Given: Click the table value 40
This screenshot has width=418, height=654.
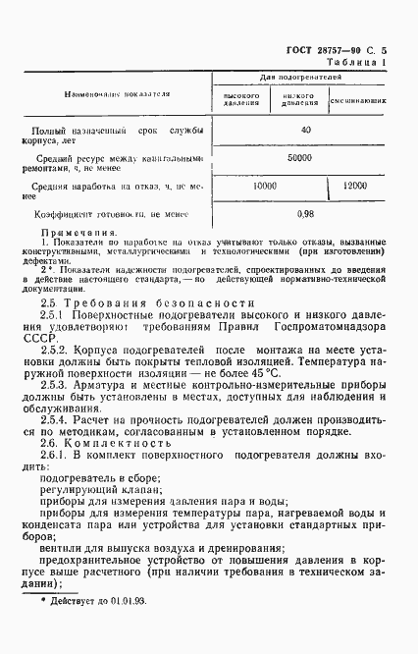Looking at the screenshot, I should click(x=305, y=130).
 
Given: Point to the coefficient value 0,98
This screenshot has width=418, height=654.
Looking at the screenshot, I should click(x=305, y=213).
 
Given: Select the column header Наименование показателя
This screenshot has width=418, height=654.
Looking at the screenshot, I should click(x=118, y=95).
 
